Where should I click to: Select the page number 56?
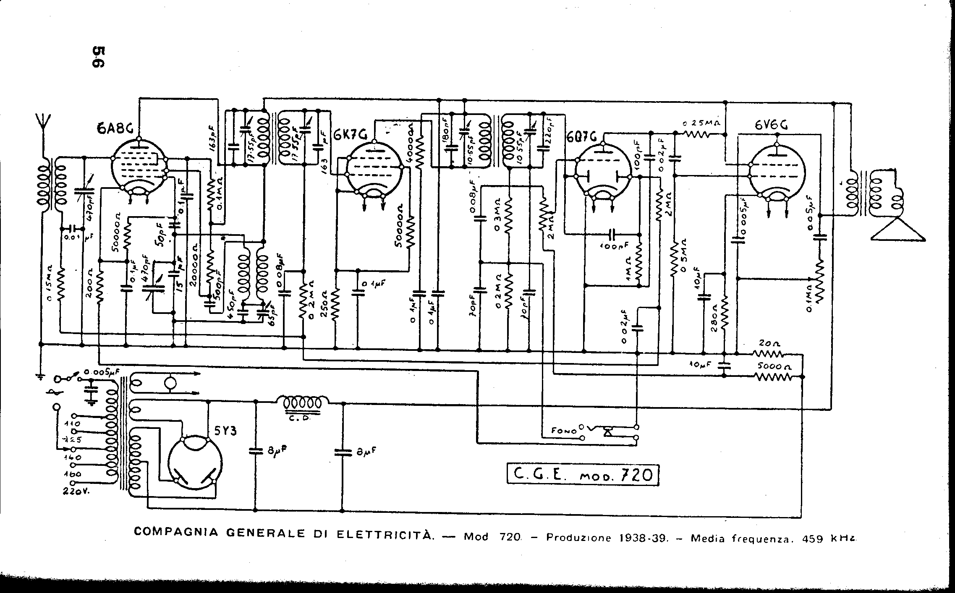99,57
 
